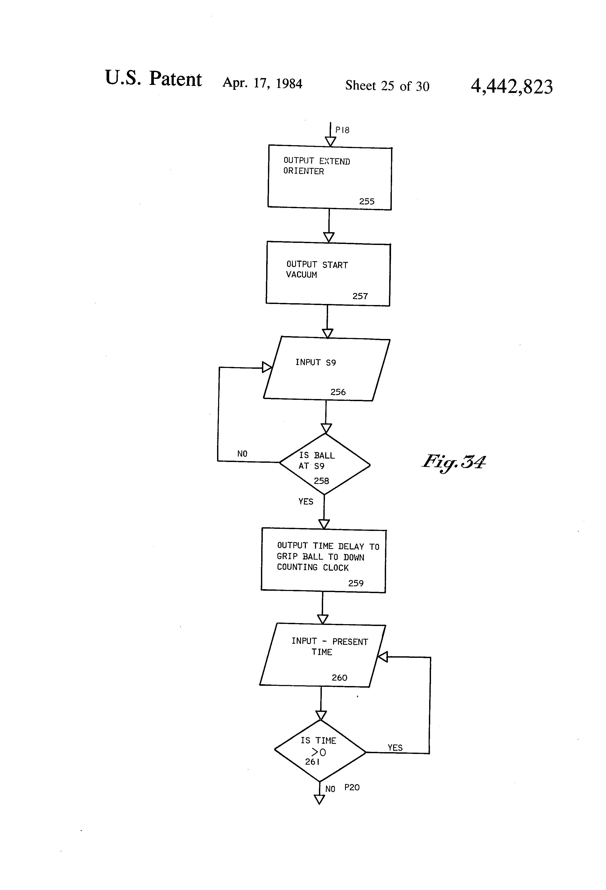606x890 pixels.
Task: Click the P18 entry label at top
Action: tap(342, 130)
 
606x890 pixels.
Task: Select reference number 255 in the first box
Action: tap(366, 201)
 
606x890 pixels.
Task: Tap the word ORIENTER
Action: tap(303, 171)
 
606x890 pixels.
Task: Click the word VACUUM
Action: tap(301, 274)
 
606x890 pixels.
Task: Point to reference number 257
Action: tap(360, 296)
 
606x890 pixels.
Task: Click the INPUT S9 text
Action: tap(315, 362)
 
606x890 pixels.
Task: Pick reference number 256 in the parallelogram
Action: tap(338, 392)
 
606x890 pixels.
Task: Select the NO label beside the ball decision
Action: tap(242, 454)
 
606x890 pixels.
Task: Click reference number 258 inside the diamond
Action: tap(321, 481)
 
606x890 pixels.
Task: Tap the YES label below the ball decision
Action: tap(306, 502)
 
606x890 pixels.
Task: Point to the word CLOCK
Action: tap(336, 568)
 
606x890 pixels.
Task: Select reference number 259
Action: tap(356, 583)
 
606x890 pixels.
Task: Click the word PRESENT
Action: tap(350, 642)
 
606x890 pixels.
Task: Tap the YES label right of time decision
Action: tap(395, 748)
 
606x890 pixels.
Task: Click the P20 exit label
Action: tap(352, 787)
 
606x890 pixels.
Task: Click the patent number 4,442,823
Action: tap(511, 86)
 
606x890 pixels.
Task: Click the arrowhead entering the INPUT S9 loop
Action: tap(267, 368)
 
